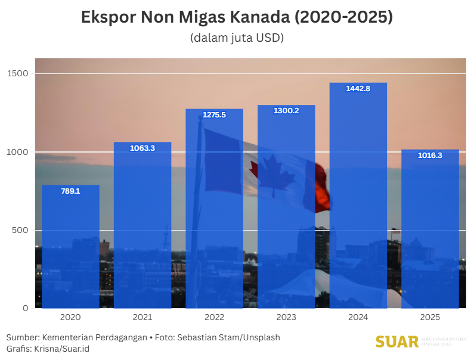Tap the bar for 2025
coord(430,229)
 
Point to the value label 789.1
coord(70,191)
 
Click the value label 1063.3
coord(142,148)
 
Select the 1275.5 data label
coord(214,115)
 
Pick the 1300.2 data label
coord(286,111)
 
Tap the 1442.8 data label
coord(358,89)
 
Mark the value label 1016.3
coord(430,155)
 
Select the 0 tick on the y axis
coord(25,308)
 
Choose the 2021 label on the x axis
coord(142,318)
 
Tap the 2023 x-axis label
coord(286,318)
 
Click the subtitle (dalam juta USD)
coord(237,38)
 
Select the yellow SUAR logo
coord(397,342)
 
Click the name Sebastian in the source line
coord(200,337)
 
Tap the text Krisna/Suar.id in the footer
coord(63,348)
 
